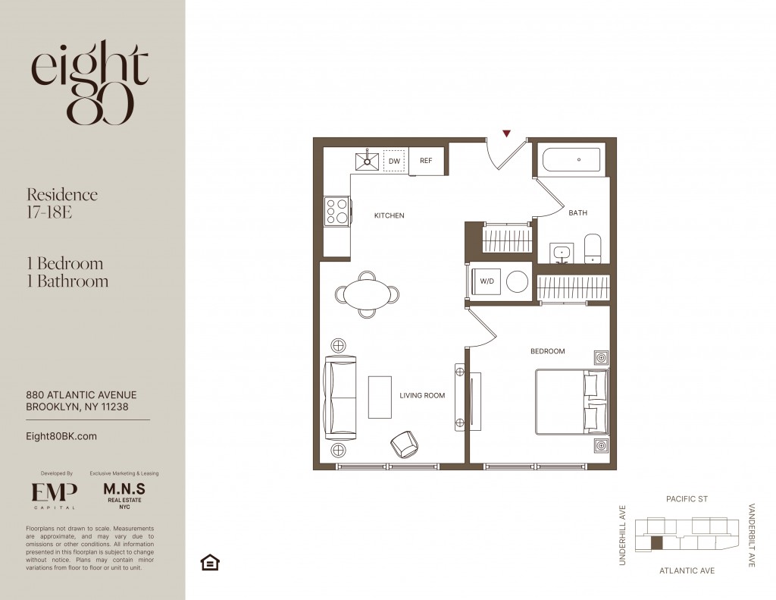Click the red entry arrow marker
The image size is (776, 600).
506,134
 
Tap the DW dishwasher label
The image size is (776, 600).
394,162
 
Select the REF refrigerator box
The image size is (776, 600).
426,161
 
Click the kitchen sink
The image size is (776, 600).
368,161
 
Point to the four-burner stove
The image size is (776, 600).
337,212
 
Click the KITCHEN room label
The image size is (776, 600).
389,215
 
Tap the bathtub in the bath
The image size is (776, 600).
571,160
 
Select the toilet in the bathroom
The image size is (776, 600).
593,249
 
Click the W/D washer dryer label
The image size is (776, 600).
487,281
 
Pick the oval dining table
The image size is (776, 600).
368,294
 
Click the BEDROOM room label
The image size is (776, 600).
547,351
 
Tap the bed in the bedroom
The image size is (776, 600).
571,402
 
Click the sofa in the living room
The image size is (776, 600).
339,398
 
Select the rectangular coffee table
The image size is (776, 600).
380,397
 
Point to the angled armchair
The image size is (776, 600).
405,444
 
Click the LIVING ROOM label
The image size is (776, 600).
422,395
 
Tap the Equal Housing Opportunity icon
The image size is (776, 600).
210,562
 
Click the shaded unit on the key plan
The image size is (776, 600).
656,543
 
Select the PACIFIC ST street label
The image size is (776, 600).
687,499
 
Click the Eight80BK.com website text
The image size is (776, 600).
61,436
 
